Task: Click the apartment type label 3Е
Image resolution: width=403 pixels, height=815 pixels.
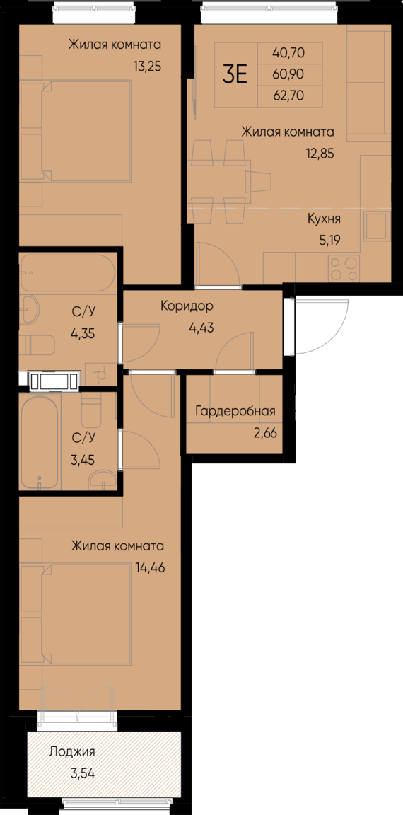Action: coord(235,74)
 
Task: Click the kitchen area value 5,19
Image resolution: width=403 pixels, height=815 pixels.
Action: coord(330,240)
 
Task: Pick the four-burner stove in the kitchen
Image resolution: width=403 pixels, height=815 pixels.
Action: coord(344,267)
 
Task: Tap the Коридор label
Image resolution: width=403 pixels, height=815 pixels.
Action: coord(187,306)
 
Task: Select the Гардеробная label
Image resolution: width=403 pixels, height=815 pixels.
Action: coord(235,412)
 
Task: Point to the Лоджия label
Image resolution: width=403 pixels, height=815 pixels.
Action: coord(71,752)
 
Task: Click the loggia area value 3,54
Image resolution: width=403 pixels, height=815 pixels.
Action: coord(82,773)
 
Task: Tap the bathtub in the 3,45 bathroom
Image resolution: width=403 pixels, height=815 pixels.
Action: coord(40,442)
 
